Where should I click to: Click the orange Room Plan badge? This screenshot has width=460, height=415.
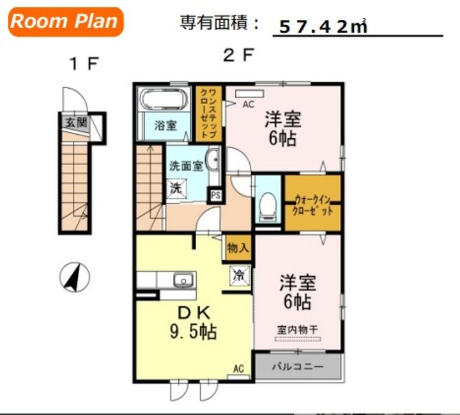[x=66, y=22]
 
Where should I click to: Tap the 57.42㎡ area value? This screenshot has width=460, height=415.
[x=323, y=26]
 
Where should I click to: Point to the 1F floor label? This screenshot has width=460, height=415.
[x=84, y=63]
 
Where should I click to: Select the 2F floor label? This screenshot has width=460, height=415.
[x=238, y=55]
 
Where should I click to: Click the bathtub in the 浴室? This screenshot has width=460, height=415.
[x=164, y=99]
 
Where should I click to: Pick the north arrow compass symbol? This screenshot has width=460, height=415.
[x=75, y=277]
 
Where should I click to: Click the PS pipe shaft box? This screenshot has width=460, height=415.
[x=216, y=195]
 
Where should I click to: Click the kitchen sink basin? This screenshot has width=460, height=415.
[x=184, y=279]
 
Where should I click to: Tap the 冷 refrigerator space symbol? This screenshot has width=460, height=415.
[x=239, y=276]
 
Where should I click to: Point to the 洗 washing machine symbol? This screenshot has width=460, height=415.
[x=176, y=188]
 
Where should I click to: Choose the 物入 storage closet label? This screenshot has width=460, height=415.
[x=238, y=248]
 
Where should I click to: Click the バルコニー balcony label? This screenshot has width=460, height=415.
[x=297, y=366]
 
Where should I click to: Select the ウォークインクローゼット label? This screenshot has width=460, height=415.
[x=312, y=206]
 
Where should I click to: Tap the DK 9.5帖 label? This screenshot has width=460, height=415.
[x=194, y=322]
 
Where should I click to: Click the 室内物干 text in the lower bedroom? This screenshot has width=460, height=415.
[x=298, y=329]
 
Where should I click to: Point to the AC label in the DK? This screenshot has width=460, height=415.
[x=238, y=368]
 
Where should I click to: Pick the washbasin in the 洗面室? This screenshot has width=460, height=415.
[x=212, y=159]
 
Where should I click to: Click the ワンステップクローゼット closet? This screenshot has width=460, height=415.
[x=208, y=114]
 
